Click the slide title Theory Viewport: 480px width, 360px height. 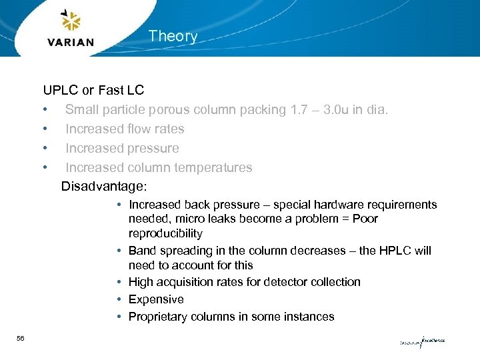click(173, 36)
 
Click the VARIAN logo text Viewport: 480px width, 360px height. click(71, 42)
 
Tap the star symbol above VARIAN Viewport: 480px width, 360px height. click(70, 21)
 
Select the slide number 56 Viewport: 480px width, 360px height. click(21, 339)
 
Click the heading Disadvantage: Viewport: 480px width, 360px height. click(103, 187)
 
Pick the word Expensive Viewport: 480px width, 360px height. click(156, 299)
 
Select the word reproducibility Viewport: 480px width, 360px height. click(165, 233)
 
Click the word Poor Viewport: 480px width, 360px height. click(365, 219)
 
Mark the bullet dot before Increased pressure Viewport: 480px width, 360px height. click(45, 148)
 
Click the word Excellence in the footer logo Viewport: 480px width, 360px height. click(433, 340)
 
